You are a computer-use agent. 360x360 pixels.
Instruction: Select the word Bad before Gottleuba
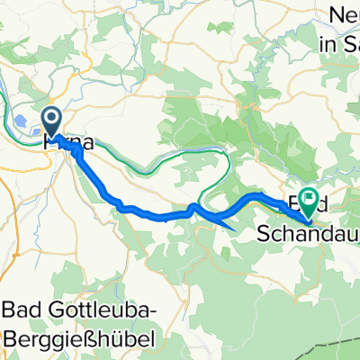[22, 310]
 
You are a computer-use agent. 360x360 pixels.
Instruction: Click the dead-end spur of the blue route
[232, 226]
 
